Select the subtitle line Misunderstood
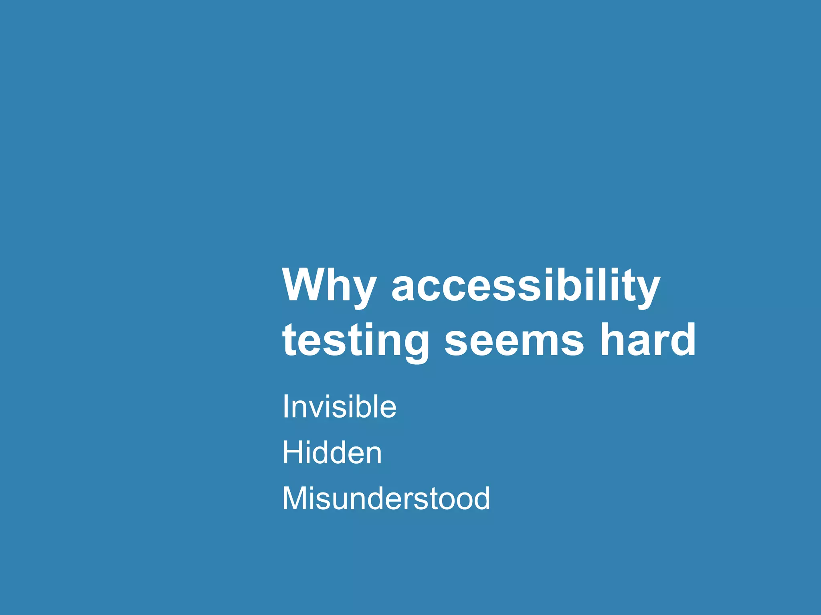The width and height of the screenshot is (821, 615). click(x=386, y=498)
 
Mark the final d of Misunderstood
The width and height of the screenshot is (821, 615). click(x=481, y=498)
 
